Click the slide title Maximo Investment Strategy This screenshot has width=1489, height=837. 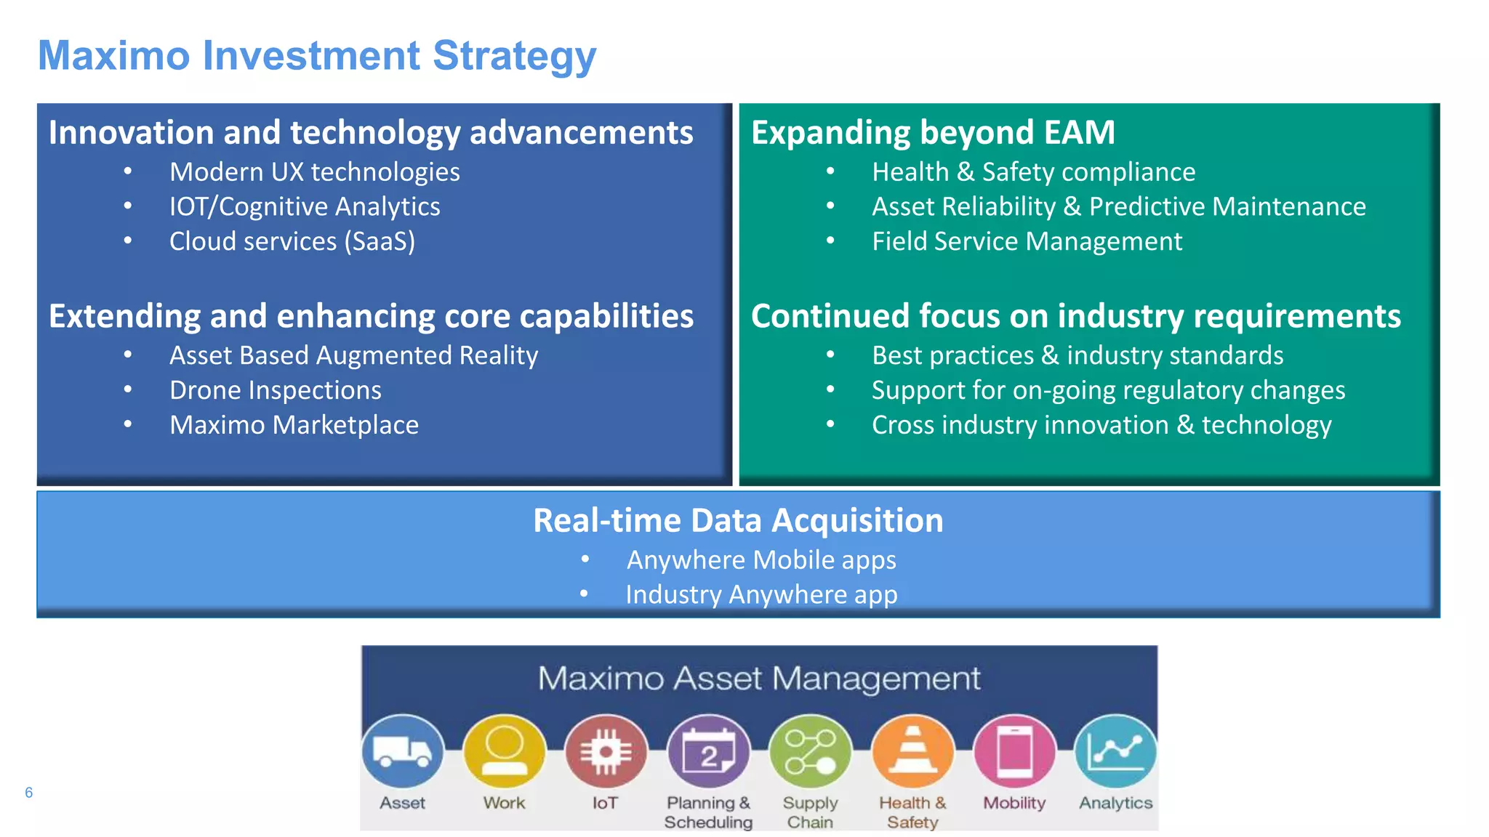click(317, 56)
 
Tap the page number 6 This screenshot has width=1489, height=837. click(29, 792)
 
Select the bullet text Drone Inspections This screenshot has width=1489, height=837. click(276, 390)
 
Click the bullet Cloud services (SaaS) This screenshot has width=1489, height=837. click(292, 241)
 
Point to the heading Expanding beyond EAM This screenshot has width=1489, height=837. click(933, 132)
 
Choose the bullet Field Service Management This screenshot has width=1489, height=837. click(1027, 241)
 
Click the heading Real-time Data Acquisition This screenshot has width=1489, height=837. click(738, 520)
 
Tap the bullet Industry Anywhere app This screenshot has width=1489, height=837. click(761, 594)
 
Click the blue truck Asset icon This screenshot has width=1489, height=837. click(403, 752)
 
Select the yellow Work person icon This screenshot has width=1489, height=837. click(504, 752)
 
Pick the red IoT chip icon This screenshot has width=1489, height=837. click(606, 752)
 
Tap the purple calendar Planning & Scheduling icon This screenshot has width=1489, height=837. click(708, 752)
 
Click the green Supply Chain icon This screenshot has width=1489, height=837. click(810, 752)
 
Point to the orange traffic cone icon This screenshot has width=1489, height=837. click(912, 752)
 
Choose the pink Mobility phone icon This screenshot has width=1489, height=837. click(1014, 752)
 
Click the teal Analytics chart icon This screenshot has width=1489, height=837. click(1116, 752)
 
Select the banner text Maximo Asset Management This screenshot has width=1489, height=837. click(759, 679)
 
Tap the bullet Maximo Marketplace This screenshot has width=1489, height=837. click(294, 425)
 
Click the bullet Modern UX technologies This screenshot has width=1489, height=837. click(314, 172)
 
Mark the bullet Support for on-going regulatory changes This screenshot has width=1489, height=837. click(1108, 390)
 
